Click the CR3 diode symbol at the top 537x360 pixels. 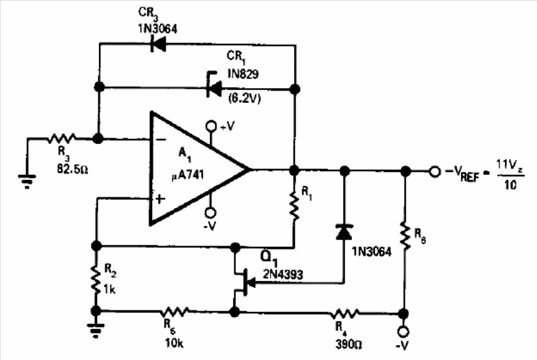click(158, 44)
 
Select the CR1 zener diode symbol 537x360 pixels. click(214, 89)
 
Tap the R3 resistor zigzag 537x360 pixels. click(62, 138)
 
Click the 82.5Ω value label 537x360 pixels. click(73, 169)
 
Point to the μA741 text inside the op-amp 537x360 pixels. click(188, 175)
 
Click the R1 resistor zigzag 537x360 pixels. click(294, 206)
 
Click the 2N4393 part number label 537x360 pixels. click(283, 274)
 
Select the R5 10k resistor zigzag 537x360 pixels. click(175, 312)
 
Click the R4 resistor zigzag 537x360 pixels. click(345, 313)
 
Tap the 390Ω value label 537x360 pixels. click(349, 344)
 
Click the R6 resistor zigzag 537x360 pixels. click(405, 236)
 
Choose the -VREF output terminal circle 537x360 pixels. click(435, 171)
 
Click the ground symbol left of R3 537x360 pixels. click(27, 181)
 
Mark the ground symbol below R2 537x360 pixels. click(96, 330)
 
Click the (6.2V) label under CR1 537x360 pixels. click(245, 98)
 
